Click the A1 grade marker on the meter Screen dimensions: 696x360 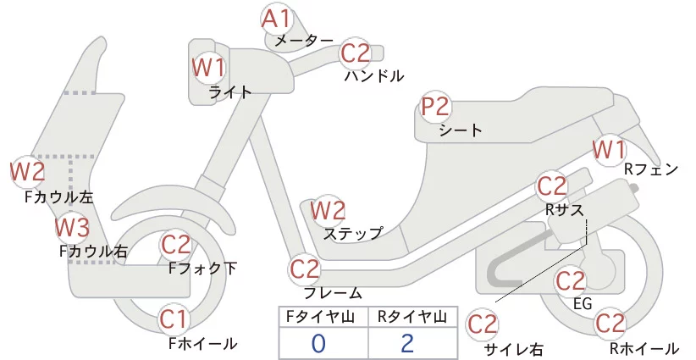click(x=276, y=19)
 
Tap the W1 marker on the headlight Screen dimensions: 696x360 click(x=208, y=68)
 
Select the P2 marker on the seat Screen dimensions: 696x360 click(x=436, y=107)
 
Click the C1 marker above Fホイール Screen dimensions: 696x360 click(x=174, y=319)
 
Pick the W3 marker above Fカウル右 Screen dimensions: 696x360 click(x=72, y=228)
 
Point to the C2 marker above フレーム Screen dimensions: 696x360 click(x=305, y=269)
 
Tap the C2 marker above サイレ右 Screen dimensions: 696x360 click(x=482, y=324)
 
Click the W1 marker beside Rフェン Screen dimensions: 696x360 click(x=609, y=150)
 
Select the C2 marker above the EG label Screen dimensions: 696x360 click(x=571, y=281)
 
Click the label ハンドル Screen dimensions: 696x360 click(x=374, y=76)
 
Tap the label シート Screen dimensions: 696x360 click(x=461, y=130)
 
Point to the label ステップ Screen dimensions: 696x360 click(x=353, y=234)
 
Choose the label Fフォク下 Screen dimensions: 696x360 click(x=203, y=269)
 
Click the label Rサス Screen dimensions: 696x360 click(x=564, y=209)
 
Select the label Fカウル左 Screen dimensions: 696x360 click(x=59, y=197)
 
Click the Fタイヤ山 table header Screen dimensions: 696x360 click(x=320, y=317)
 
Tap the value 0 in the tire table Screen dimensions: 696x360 click(x=318, y=344)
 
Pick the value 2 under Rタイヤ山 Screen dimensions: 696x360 click(x=407, y=343)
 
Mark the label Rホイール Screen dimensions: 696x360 click(x=644, y=348)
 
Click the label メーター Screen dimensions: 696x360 click(x=304, y=41)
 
